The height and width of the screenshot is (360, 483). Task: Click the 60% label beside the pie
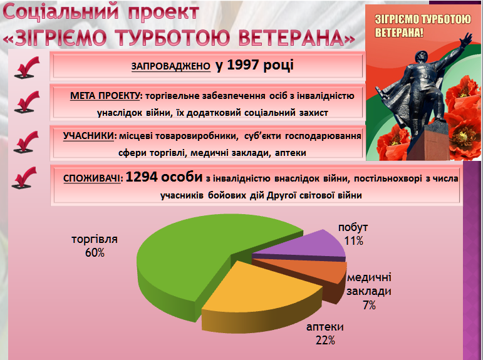95,253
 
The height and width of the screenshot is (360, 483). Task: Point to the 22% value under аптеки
325,341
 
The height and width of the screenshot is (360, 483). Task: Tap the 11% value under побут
353,240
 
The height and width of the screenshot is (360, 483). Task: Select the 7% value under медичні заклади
369,305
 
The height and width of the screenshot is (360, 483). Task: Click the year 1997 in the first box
242,64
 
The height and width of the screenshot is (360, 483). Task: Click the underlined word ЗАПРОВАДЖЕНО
171,66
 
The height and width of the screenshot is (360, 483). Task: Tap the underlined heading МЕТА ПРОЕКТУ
105,96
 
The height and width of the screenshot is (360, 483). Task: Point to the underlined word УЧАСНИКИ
88,136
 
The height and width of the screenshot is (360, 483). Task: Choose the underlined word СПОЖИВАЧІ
92,178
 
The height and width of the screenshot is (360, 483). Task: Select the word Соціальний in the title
61,12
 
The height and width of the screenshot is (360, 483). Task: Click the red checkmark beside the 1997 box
27,67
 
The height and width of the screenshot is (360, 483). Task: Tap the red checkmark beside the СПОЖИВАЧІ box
24,178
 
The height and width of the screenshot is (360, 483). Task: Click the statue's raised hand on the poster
466,38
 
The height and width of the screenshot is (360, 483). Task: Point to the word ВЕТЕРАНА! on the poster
399,32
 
